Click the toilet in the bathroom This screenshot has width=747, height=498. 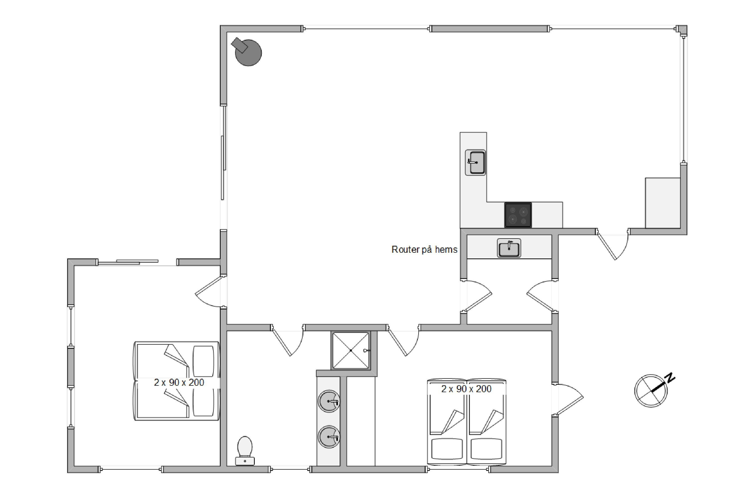click(x=245, y=451)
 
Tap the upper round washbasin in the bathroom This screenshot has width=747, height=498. click(x=329, y=401)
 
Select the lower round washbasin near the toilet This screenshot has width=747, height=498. click(x=329, y=437)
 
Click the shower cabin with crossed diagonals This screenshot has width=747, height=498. click(x=351, y=351)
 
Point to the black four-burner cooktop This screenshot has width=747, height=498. click(x=518, y=215)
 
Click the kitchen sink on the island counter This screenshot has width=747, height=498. click(x=475, y=162)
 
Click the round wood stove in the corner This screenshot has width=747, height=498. click(x=247, y=52)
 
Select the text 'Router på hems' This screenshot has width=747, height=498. click(x=424, y=250)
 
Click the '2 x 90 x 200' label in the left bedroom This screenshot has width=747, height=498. click(x=179, y=382)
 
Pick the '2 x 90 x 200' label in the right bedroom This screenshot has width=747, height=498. click(x=466, y=389)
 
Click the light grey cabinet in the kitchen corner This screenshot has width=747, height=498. click(x=663, y=203)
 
